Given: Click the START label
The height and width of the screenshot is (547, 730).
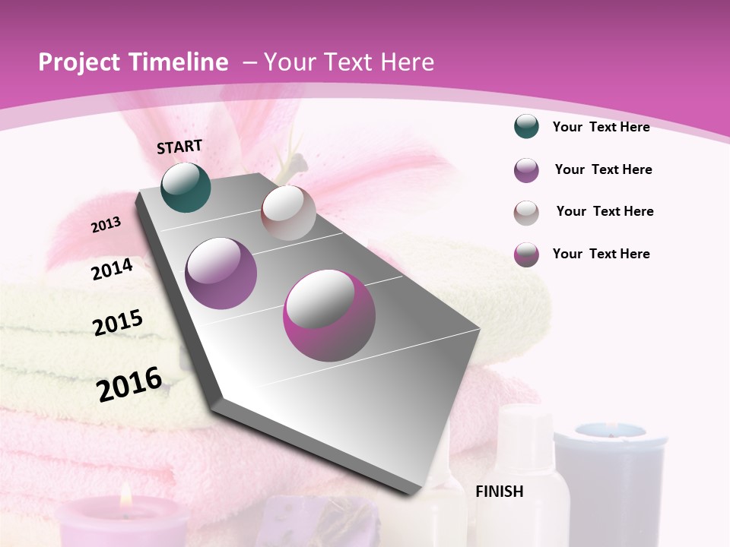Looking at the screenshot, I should click(179, 147).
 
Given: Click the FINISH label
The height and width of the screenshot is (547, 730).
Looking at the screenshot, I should click(499, 492).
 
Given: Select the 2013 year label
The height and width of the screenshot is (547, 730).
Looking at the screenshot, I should click(106, 225).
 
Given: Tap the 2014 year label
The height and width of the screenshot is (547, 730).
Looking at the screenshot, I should click(113, 269).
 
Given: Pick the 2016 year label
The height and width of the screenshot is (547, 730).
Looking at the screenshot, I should click(129, 384).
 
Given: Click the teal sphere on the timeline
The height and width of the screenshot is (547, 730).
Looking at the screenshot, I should click(186, 188).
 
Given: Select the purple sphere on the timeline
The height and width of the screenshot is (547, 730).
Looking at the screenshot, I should click(221, 273).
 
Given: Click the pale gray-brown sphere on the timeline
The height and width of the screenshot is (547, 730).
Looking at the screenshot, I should click(288, 213).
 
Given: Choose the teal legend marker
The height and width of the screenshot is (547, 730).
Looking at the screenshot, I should click(526, 127).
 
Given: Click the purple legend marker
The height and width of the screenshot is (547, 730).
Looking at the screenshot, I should click(526, 170).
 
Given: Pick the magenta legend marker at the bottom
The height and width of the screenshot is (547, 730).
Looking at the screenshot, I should click(526, 254).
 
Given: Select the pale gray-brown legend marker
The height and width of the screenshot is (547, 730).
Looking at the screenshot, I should click(526, 212).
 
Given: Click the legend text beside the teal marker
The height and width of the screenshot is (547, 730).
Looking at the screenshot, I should click(601, 127).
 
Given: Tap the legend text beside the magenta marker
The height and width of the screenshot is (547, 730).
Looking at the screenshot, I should click(601, 254).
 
